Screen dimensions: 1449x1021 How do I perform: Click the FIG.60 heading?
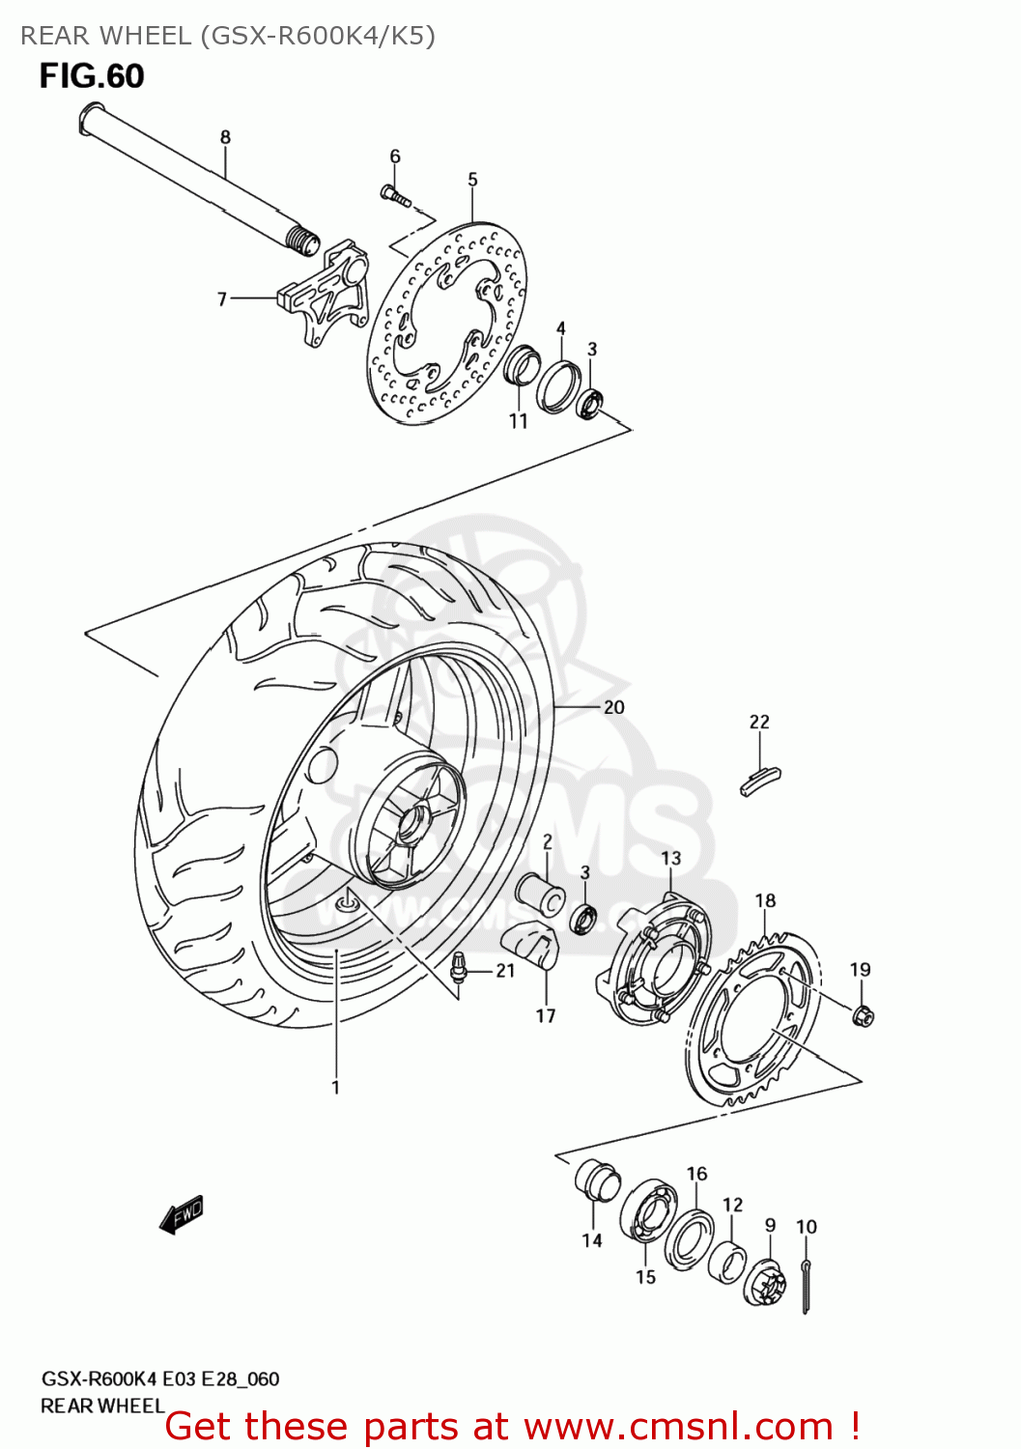point(92,76)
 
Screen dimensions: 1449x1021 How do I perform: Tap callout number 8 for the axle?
point(225,137)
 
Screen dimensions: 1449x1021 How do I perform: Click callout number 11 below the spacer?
point(519,421)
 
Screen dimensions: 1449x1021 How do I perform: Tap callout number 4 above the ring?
point(560,329)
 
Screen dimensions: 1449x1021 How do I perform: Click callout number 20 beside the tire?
point(613,707)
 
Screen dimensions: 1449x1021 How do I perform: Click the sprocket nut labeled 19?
point(864,1015)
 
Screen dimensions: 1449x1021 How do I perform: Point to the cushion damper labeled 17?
point(532,943)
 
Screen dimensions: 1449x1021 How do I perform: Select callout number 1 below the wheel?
point(335,1088)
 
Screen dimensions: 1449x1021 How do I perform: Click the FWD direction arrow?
point(182,1214)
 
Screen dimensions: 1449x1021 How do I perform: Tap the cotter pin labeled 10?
point(807,1285)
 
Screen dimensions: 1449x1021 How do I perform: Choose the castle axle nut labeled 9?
point(764,1282)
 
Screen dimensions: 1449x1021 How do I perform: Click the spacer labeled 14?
point(595,1181)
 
